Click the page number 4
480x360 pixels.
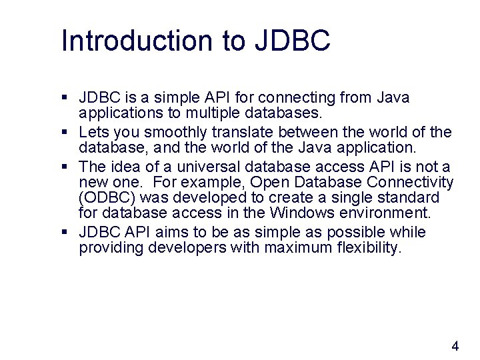[x=455, y=346]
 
